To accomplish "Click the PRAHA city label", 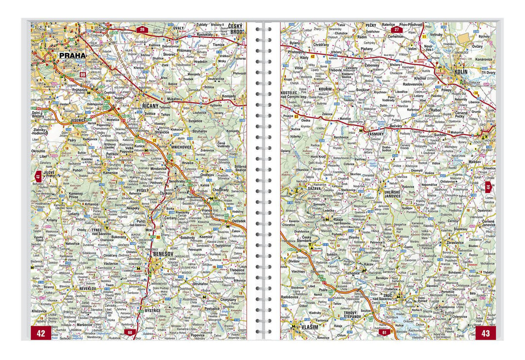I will (72, 55).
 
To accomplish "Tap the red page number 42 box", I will (41, 333).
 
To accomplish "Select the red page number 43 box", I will (485, 333).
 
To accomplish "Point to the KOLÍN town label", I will (460, 71).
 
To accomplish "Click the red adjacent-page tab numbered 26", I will (142, 30).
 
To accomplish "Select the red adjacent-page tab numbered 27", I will (396, 30).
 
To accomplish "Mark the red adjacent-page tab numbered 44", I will (488, 187).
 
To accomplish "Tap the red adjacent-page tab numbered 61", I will (384, 333).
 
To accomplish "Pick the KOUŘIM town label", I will (325, 90).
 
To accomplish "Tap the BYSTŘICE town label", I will (156, 310).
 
